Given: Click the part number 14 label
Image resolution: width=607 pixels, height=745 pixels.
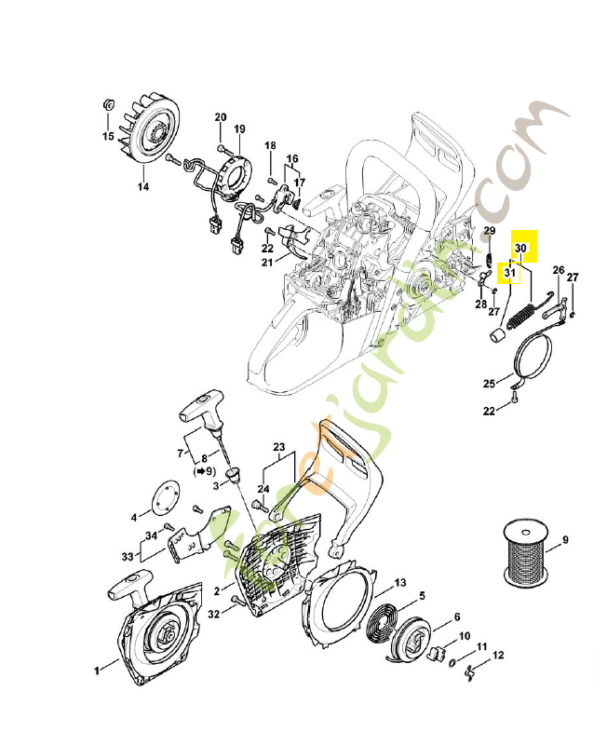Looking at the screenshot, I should (x=142, y=186).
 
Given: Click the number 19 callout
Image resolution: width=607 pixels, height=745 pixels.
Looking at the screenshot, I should (x=239, y=129).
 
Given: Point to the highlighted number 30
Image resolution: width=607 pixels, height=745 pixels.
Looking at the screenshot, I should (x=521, y=249).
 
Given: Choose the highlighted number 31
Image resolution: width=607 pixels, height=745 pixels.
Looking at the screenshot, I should (x=509, y=274).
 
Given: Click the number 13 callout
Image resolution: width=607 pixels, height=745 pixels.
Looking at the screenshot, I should (x=400, y=582).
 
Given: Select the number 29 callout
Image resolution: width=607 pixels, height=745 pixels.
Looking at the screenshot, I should (x=489, y=231).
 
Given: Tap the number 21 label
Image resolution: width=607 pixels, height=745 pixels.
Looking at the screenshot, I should (x=266, y=263).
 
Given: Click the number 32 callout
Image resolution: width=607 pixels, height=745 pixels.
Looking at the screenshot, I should (x=215, y=614).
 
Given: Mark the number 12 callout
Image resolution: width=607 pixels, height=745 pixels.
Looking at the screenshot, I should (x=498, y=657).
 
